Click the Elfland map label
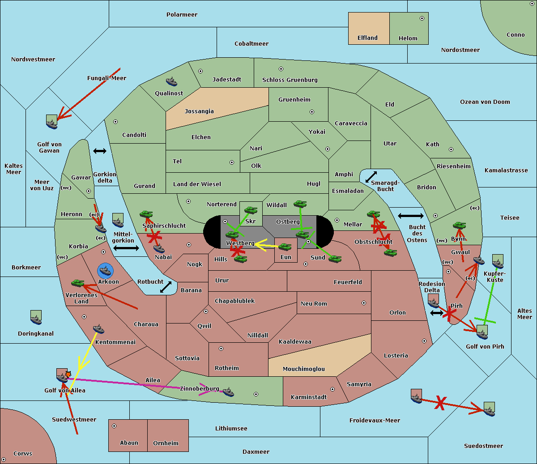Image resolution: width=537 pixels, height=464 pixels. (x=367, y=38)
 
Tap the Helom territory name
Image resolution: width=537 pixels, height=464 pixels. (x=408, y=38)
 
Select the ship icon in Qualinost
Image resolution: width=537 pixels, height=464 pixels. (x=171, y=81)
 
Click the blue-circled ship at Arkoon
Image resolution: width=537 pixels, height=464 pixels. (x=106, y=271)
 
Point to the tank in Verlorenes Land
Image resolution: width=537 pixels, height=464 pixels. (x=77, y=283)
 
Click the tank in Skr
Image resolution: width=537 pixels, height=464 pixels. (x=251, y=209)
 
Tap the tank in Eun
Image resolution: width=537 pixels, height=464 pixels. (x=285, y=247)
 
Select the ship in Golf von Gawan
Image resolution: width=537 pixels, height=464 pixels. (x=52, y=122)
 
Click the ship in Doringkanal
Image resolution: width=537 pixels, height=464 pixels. (x=36, y=317)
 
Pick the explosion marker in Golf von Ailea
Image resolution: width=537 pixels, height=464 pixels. (x=68, y=373)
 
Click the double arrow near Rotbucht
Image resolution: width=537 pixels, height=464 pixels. (x=166, y=287)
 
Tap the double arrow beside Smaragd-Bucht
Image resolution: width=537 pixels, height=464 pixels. (x=371, y=177)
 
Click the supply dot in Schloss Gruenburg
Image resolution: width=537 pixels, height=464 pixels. (x=281, y=69)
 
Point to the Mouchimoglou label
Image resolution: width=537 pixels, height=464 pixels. (x=303, y=369)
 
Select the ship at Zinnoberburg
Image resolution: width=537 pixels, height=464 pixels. (x=228, y=392)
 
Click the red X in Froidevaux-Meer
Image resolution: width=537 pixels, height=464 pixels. (x=440, y=403)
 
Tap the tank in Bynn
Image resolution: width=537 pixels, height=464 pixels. (x=459, y=226)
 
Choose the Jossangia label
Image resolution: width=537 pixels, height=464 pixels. (x=199, y=111)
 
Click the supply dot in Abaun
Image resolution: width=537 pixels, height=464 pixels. (x=114, y=426)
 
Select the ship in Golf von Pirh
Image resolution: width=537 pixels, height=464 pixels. (x=482, y=332)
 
